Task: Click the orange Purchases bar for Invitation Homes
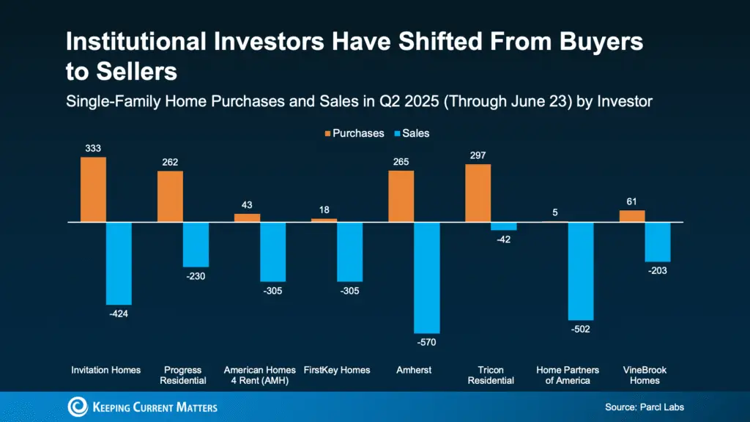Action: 93,189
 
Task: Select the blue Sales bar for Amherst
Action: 426,278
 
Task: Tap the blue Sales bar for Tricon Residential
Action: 503,226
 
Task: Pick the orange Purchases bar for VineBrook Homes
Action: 632,216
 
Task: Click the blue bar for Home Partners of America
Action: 581,271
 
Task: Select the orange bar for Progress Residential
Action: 170,196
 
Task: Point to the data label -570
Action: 427,343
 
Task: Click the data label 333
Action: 93,148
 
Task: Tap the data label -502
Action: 581,330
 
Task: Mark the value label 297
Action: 478,155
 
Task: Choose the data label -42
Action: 503,240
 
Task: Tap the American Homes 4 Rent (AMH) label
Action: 260,375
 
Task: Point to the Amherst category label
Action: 415,370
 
